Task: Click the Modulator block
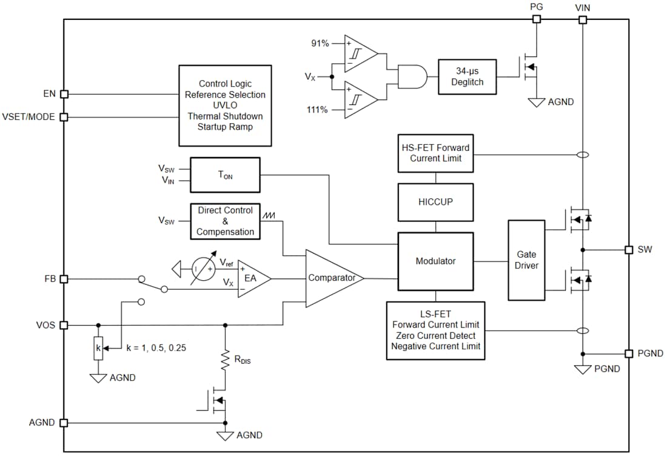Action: tap(435, 261)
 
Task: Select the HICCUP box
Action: tap(435, 202)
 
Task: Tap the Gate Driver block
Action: tap(526, 260)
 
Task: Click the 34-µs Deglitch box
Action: tap(467, 76)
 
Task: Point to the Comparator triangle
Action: tap(330, 278)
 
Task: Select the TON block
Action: tap(225, 176)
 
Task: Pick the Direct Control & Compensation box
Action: tap(225, 221)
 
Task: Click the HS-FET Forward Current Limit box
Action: tap(435, 153)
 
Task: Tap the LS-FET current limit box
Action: tap(435, 330)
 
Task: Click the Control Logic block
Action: tap(225, 106)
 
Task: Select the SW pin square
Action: tap(629, 250)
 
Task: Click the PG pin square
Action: tap(536, 19)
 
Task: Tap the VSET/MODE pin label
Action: tap(28, 116)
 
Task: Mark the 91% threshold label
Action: tap(320, 43)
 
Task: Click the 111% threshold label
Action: tap(318, 110)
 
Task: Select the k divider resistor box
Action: tap(98, 349)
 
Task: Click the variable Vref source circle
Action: tap(202, 267)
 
